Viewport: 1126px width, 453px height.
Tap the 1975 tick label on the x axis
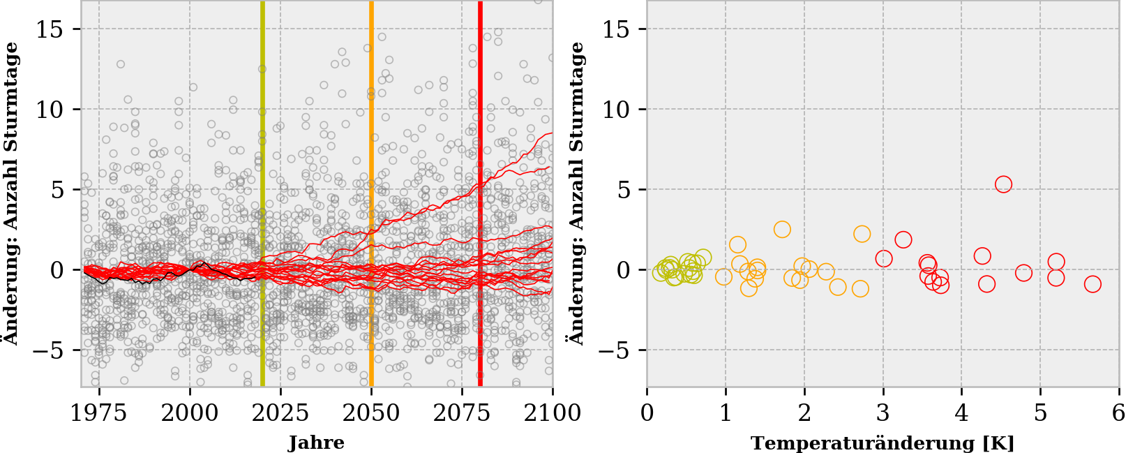coord(98,413)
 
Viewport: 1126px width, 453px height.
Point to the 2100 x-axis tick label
coord(553,413)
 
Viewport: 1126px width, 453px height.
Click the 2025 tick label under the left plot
coord(280,413)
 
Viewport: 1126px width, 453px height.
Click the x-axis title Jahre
coord(316,443)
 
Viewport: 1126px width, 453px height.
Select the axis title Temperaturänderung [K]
coord(882,443)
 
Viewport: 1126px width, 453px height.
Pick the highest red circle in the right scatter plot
coord(1003,184)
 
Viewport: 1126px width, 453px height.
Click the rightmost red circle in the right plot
coord(1093,284)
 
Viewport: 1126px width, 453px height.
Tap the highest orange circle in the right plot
coord(782,230)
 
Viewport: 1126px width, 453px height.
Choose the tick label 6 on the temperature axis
coord(1118,413)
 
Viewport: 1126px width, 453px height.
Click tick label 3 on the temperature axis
coord(883,413)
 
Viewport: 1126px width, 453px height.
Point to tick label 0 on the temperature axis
coord(647,413)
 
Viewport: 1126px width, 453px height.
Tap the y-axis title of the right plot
coord(576,193)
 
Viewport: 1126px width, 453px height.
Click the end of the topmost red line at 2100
coord(552,133)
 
